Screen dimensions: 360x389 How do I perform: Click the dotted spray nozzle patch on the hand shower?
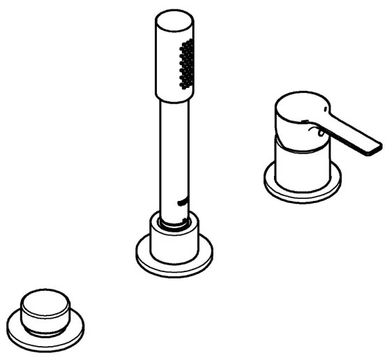click(187, 64)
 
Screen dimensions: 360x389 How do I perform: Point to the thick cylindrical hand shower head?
click(173, 59)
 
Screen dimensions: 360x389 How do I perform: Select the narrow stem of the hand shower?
click(173, 153)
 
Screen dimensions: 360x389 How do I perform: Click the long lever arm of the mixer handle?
click(349, 133)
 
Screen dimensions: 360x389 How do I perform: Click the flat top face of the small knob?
click(45, 303)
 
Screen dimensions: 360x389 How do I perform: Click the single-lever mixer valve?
click(307, 147)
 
